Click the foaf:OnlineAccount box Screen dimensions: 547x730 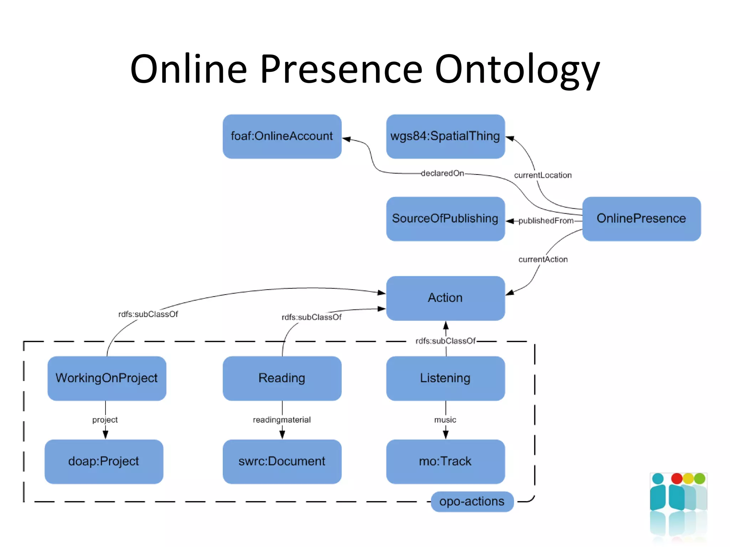click(x=282, y=136)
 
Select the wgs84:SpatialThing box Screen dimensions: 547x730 click(x=445, y=136)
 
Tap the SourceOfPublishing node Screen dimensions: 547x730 click(x=445, y=219)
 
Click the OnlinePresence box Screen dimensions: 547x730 click(x=641, y=219)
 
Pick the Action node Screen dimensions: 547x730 click(x=445, y=298)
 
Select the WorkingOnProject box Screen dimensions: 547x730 click(x=107, y=378)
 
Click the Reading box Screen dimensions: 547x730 click(x=282, y=378)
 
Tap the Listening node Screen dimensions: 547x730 click(x=445, y=378)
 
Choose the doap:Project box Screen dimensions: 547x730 click(x=104, y=462)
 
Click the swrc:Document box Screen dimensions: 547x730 click(x=282, y=462)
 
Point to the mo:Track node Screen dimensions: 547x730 click(x=445, y=462)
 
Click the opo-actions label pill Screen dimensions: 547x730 click(x=472, y=501)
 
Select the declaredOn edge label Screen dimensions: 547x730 click(x=442, y=173)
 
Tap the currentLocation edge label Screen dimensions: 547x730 click(x=543, y=175)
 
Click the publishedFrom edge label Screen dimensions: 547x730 click(x=546, y=221)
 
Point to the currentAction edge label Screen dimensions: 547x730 click(x=543, y=260)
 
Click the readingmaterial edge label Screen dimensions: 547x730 click(x=282, y=420)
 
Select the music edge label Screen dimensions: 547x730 click(x=445, y=420)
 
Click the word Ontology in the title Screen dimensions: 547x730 click(x=517, y=69)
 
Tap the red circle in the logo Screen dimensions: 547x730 click(x=676, y=478)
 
